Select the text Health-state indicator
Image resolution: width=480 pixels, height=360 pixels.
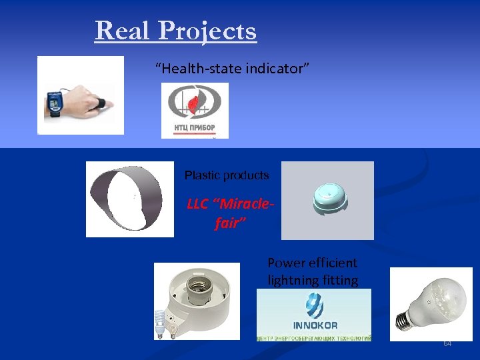coord(232,68)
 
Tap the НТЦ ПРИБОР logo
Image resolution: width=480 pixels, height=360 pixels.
coord(195,111)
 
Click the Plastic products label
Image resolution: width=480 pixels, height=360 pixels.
coord(227,175)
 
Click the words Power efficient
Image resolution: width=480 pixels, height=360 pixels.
coord(312,263)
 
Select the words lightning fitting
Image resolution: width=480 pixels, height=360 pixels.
coord(313,281)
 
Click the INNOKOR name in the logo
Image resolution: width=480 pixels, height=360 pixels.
coord(315,325)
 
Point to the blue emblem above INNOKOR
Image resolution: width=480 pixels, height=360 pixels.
coord(314,306)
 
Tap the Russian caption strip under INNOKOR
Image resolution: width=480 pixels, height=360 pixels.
coord(314,339)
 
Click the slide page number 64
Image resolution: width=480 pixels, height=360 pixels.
coord(447,343)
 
